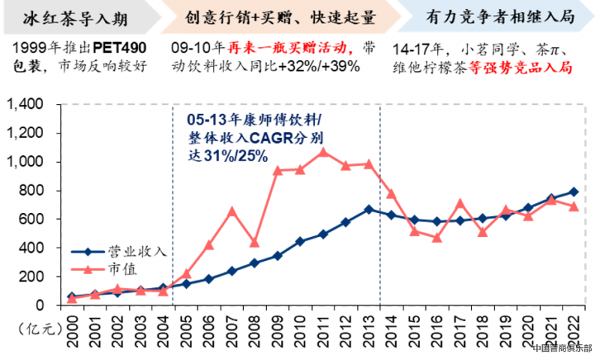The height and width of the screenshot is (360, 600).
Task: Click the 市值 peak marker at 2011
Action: click(x=323, y=152)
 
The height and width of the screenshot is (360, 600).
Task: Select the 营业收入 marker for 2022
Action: click(x=573, y=191)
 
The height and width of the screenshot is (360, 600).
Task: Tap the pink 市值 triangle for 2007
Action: click(x=232, y=211)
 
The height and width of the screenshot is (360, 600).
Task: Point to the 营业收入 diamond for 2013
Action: click(x=369, y=208)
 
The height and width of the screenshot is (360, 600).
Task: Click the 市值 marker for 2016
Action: click(x=437, y=238)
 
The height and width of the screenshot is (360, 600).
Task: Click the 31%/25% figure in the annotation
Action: click(x=228, y=156)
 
